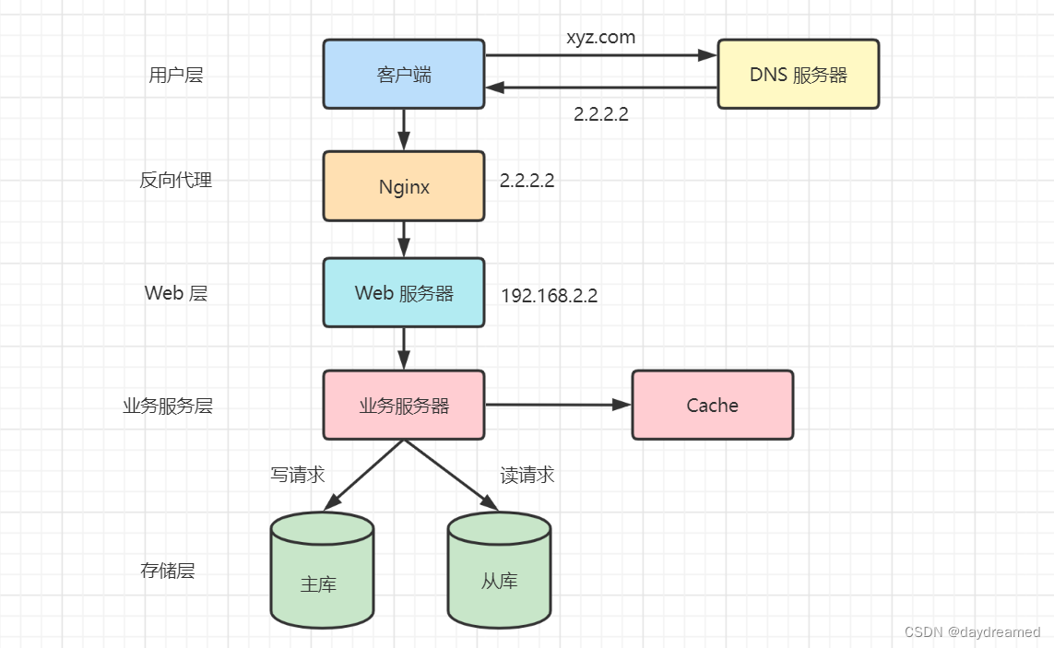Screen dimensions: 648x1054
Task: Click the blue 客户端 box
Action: pyautogui.click(x=403, y=74)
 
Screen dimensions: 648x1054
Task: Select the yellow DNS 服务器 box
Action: pyautogui.click(x=798, y=74)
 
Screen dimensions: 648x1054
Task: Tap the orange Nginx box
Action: pyautogui.click(x=403, y=186)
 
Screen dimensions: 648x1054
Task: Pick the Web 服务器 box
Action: pyautogui.click(x=403, y=292)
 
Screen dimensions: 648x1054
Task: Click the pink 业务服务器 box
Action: pyautogui.click(x=403, y=405)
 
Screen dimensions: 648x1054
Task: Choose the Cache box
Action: pyautogui.click(x=712, y=405)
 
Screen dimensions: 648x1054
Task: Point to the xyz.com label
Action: pyautogui.click(x=600, y=38)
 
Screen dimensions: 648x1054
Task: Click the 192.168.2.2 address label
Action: pyautogui.click(x=550, y=296)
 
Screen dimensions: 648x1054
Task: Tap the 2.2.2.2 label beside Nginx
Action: pyautogui.click(x=527, y=181)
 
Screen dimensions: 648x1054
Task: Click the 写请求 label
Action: pyautogui.click(x=297, y=475)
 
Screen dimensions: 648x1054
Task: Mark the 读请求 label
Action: pyautogui.click(x=527, y=475)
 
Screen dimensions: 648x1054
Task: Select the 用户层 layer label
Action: pyautogui.click(x=175, y=75)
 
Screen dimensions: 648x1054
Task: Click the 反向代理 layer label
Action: pyautogui.click(x=175, y=180)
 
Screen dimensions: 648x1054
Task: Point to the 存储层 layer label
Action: pyautogui.click(x=168, y=571)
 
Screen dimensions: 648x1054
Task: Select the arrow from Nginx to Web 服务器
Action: pyautogui.click(x=404, y=239)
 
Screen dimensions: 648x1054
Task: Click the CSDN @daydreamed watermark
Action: pyautogui.click(x=972, y=632)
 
